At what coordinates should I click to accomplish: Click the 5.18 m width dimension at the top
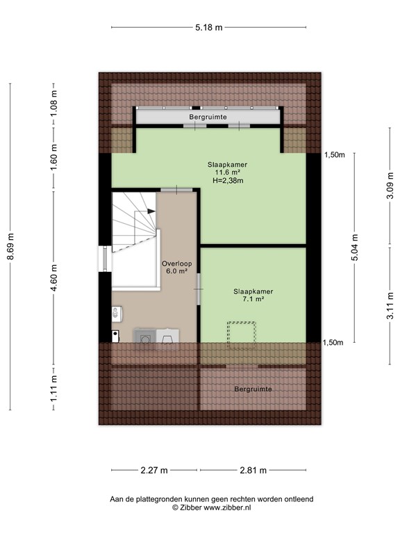click(208, 28)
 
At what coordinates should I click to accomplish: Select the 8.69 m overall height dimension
click(10, 247)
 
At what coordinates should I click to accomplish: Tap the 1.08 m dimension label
click(53, 104)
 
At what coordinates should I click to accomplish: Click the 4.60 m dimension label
click(53, 277)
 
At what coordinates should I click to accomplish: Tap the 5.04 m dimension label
click(355, 248)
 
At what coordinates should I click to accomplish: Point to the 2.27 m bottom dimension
click(154, 471)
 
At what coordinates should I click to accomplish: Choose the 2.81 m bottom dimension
click(253, 471)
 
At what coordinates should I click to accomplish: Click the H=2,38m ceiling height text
click(228, 180)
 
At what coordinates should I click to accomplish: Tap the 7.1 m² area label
click(253, 300)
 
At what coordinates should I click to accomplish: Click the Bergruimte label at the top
click(208, 118)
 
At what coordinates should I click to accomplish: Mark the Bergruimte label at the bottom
click(253, 389)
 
